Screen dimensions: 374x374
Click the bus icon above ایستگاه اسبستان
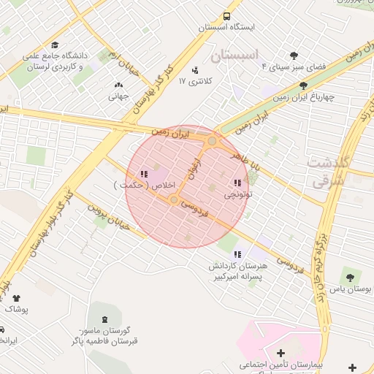tap(227, 16)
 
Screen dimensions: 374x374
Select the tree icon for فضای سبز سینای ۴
tap(294, 56)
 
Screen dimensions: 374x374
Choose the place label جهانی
tap(118, 96)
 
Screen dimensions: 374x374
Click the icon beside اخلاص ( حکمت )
tap(142, 174)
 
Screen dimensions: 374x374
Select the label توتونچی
tap(237, 195)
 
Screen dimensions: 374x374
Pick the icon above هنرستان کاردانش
tap(237, 254)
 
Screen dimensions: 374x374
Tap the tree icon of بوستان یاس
tap(349, 278)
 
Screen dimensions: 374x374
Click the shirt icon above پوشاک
tap(16, 297)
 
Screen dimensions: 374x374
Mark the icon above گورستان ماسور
tap(103, 319)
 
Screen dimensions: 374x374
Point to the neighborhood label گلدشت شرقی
tap(329, 172)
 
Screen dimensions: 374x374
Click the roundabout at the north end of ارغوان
tap(213, 140)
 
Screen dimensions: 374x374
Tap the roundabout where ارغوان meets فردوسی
tap(174, 199)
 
